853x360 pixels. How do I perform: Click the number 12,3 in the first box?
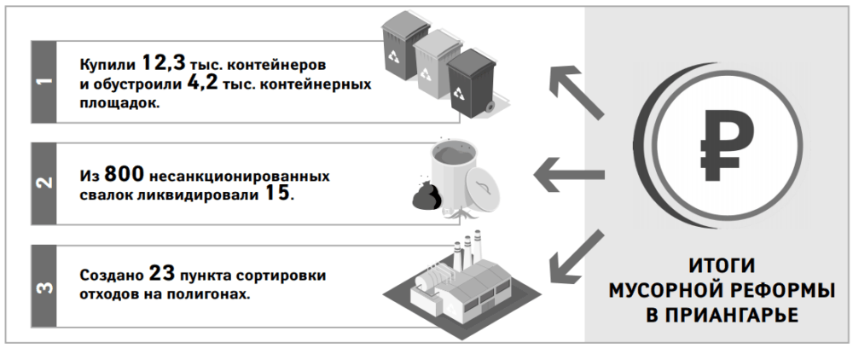[163, 64]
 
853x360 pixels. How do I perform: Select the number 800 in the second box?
[124, 174]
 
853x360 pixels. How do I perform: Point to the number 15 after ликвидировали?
[277, 194]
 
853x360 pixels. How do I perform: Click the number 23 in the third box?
[162, 274]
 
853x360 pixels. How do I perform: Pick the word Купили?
[107, 65]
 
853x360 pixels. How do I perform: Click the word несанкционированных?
[240, 177]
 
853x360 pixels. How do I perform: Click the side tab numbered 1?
[44, 82]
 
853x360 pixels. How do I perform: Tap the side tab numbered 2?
[44, 183]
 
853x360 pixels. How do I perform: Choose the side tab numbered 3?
[44, 286]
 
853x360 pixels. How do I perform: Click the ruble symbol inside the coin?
[726, 144]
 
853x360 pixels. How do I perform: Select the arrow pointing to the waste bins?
[577, 92]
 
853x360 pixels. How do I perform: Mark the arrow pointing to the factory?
[577, 257]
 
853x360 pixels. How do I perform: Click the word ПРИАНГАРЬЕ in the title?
[722, 315]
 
